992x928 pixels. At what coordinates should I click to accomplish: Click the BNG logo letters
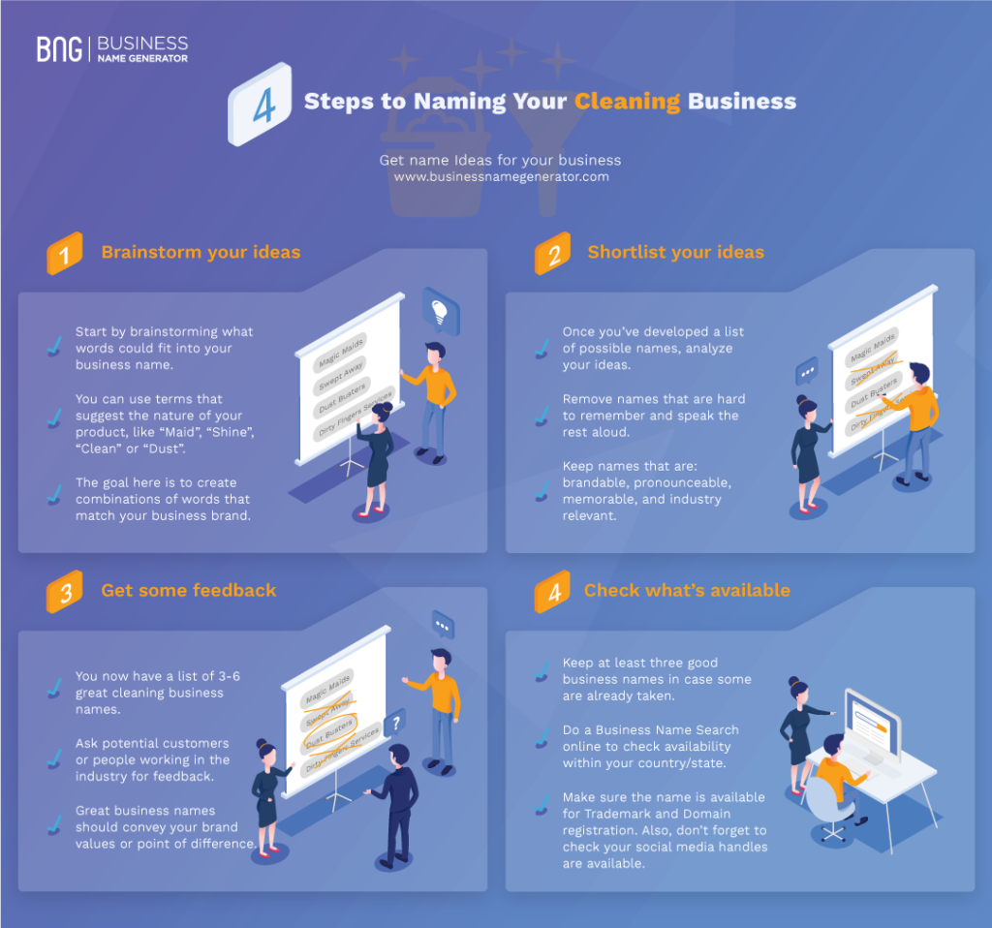point(60,49)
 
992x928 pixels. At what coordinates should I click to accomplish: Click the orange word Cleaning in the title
point(627,102)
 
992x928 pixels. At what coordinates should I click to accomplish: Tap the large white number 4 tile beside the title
point(262,105)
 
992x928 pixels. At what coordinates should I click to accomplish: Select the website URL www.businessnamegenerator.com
point(501,177)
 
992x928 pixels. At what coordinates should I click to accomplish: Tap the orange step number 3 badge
point(65,594)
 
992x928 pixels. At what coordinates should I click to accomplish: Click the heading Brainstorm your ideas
point(201,253)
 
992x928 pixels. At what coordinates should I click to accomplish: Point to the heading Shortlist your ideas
point(675,253)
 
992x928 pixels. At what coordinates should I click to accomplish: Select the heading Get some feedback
point(188,590)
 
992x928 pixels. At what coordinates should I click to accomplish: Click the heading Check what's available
point(687,590)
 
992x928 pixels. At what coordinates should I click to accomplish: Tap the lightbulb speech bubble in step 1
point(439,311)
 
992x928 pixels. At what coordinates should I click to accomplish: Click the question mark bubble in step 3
point(394,722)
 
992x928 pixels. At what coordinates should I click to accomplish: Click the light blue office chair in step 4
point(821,803)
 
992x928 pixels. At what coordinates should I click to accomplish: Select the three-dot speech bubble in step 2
point(806,370)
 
